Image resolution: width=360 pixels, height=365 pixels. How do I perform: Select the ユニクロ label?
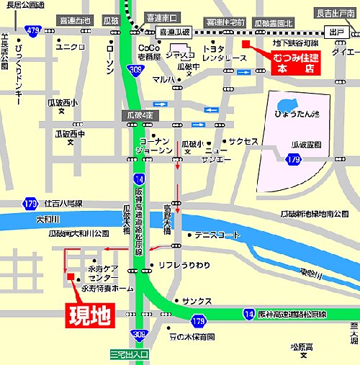pyautogui.click(x=71, y=48)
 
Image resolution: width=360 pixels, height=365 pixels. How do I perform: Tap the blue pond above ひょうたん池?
pyautogui.click(x=287, y=104)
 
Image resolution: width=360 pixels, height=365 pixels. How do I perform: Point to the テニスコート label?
pyautogui.click(x=217, y=235)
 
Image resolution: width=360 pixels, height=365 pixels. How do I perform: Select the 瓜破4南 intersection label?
pyautogui.click(x=138, y=114)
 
